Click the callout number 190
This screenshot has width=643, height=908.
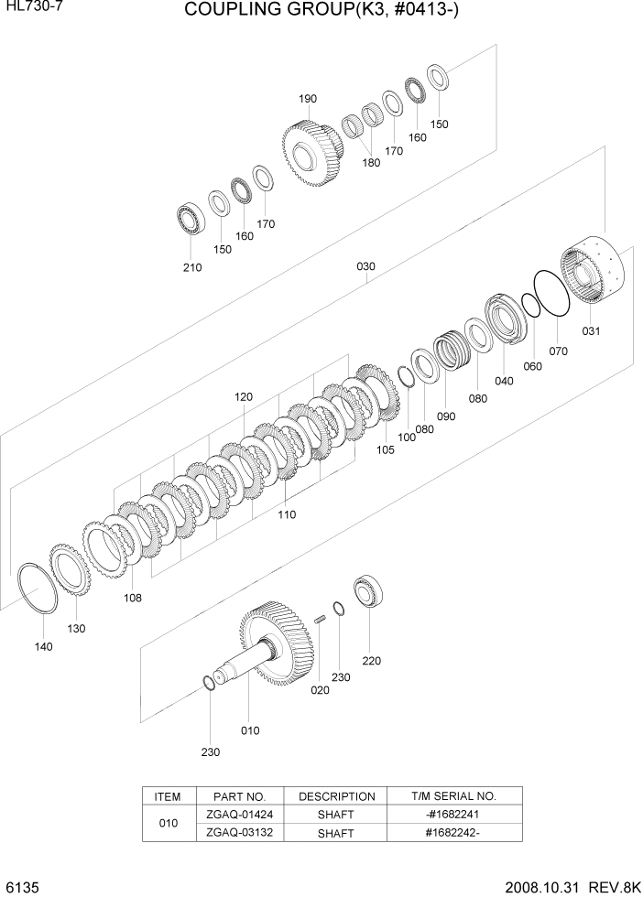click(x=307, y=99)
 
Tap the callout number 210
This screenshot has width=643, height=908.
click(x=192, y=267)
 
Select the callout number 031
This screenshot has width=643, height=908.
click(x=591, y=331)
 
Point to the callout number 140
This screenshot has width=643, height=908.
click(x=43, y=646)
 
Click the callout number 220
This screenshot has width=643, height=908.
click(x=371, y=660)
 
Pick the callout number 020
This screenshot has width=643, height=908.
click(x=320, y=690)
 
